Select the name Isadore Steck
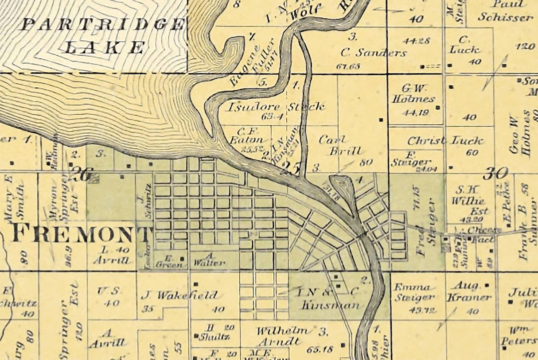click(276, 107)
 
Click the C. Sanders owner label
click(373, 53)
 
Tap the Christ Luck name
click(445, 141)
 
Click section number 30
click(495, 173)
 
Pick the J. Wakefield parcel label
click(179, 295)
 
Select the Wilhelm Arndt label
click(282, 336)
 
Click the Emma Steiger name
click(413, 292)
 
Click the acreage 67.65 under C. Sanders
click(348, 67)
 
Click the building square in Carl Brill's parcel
click(381, 120)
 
